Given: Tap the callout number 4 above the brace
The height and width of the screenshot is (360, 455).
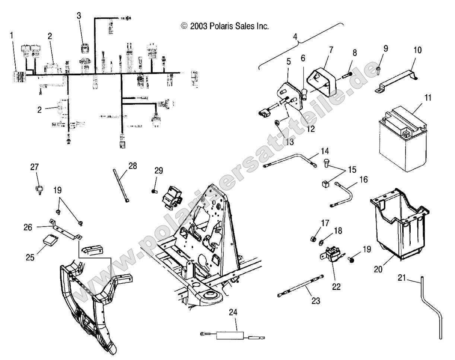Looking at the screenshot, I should [x=296, y=38].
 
